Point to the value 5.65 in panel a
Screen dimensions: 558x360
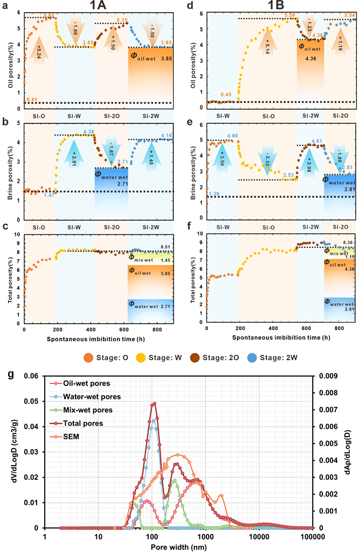click(49, 16)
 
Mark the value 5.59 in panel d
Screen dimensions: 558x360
click(290, 16)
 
